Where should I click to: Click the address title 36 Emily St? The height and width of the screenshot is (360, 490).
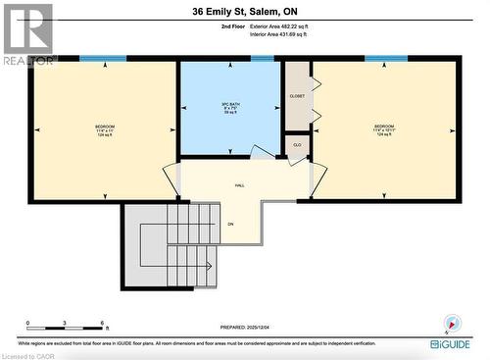click(x=244, y=13)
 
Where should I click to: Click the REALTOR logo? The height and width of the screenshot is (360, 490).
click(x=26, y=34)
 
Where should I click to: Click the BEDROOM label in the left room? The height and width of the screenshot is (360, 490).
click(x=104, y=128)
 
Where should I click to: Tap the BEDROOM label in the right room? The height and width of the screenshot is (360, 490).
click(x=384, y=128)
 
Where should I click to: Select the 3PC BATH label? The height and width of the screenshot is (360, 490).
click(x=230, y=105)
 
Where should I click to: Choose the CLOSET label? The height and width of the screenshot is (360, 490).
click(x=297, y=96)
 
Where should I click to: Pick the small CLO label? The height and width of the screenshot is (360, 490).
click(x=297, y=145)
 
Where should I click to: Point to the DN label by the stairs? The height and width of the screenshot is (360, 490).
click(x=231, y=224)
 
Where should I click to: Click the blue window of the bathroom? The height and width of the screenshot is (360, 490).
click(x=262, y=59)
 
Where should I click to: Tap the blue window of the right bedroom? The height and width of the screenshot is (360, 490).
click(x=386, y=59)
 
